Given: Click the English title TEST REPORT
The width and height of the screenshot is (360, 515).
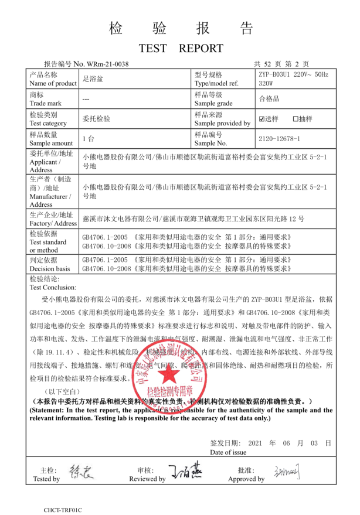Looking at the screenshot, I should click(181, 47).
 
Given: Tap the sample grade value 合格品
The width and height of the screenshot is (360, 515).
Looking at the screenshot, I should click(269, 98).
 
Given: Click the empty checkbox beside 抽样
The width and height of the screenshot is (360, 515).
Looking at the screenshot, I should click(296, 119).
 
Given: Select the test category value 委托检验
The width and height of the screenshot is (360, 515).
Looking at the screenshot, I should click(96, 119).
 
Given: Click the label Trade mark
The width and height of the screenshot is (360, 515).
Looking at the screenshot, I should click(46, 103).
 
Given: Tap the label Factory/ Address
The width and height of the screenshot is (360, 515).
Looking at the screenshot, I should click(53, 223).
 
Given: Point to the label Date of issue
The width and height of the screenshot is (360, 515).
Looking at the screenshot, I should click(228, 452).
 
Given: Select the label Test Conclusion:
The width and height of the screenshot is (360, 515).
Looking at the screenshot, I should click(52, 287).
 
